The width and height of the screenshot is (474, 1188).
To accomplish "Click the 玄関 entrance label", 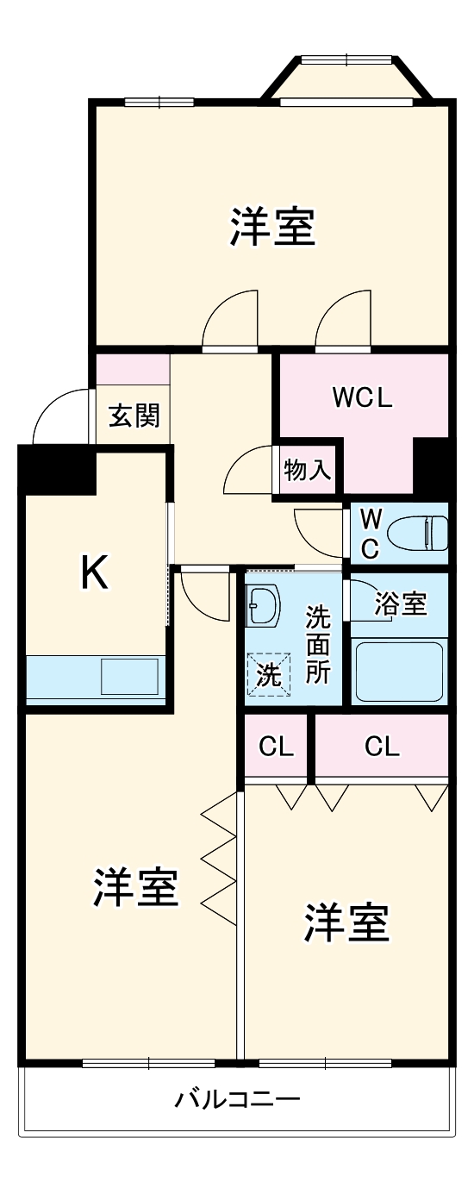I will [134, 416].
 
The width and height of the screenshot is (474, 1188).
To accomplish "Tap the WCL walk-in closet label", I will [363, 398].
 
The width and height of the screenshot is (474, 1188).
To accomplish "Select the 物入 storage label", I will [307, 471].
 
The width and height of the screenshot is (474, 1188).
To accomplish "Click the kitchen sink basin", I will [129, 676].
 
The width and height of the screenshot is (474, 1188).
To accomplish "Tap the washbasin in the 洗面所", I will [262, 606].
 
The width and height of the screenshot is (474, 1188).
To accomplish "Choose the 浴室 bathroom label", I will [401, 604].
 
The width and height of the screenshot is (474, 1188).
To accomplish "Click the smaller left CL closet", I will [277, 747].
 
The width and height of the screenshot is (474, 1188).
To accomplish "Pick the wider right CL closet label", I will [382, 747].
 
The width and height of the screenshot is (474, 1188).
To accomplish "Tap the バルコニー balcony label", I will [238, 1100].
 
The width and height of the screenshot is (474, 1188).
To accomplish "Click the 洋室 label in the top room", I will [272, 228].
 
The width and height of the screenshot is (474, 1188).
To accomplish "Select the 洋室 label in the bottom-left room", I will [136, 887].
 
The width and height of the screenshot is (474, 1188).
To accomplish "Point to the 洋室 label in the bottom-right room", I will [346, 923].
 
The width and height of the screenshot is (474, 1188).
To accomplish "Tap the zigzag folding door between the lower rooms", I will [219, 858].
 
